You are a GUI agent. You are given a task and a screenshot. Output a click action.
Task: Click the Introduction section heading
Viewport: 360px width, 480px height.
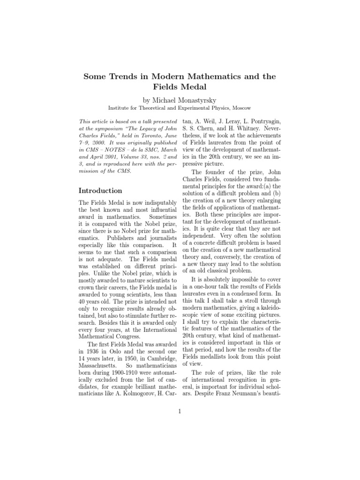pyautogui.click(x=100, y=191)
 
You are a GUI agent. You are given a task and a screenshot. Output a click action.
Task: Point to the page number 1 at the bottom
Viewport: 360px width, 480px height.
pyautogui.click(x=180, y=412)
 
